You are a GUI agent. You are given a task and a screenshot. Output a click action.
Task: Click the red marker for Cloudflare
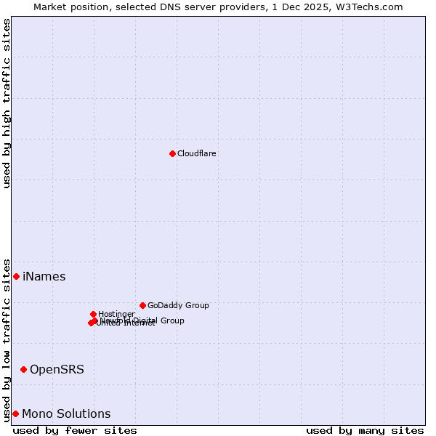tap(172, 153)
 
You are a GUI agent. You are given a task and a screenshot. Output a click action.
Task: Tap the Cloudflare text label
tap(197, 153)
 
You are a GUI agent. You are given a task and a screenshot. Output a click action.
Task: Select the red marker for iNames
tap(16, 276)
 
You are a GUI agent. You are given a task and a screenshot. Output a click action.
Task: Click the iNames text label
tap(44, 276)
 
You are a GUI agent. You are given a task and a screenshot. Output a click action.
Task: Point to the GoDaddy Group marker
tap(142, 305)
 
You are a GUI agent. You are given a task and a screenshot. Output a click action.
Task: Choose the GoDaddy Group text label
tap(178, 305)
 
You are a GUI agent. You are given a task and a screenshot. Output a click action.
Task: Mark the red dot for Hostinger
tap(93, 314)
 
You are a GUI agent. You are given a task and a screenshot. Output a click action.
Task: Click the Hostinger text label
tap(117, 314)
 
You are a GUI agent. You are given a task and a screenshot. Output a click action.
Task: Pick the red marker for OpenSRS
tap(23, 369)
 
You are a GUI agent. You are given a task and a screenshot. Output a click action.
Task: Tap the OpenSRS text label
tap(57, 369)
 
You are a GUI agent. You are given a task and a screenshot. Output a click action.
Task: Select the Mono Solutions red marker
tap(15, 413)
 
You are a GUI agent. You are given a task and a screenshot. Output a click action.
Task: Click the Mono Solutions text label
tap(66, 413)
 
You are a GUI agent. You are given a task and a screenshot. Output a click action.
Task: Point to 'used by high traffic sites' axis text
tap(7, 103)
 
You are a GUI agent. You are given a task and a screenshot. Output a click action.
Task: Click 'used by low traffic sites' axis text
tap(7, 339)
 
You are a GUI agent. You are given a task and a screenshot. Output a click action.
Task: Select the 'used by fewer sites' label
tap(75, 430)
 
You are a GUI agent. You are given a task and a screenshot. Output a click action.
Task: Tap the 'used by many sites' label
tap(365, 430)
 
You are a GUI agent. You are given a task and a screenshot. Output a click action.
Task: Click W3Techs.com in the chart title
tap(372, 7)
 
